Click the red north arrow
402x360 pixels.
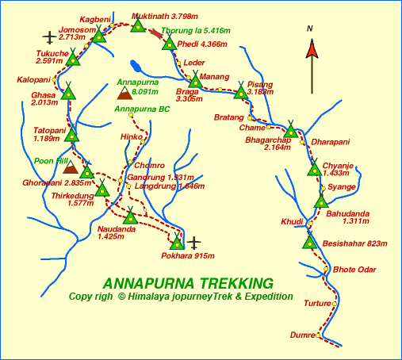312,49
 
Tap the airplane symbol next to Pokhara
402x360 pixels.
195,241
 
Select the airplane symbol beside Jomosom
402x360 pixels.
50,36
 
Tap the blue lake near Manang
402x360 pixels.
137,67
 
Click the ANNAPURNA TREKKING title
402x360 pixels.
188,283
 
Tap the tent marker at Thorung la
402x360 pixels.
168,42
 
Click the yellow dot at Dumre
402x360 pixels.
319,335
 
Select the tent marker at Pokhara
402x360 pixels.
177,242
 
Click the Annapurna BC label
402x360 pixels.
142,109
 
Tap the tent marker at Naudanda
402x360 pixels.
130,216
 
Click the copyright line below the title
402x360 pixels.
181,297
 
